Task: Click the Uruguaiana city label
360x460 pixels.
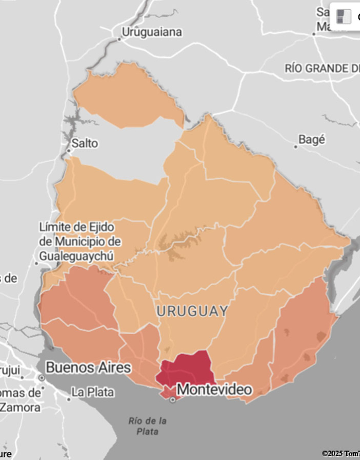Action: pos(152,32)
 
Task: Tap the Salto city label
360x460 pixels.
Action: pos(85,143)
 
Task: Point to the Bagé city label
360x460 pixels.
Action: pos(312,139)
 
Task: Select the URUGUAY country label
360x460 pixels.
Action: pos(192,311)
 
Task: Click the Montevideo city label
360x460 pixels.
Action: pos(214,389)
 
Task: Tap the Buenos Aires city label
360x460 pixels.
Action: pos(88,367)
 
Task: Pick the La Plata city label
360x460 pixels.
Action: pos(93,392)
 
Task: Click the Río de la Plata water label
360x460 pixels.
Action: pos(147,426)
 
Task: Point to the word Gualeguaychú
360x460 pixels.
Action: pos(77,255)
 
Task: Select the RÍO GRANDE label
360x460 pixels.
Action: pos(321,68)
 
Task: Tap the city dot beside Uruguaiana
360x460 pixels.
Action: pos(120,38)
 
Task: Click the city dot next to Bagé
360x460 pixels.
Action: pos(296,146)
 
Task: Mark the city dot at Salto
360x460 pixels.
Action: pos(69,151)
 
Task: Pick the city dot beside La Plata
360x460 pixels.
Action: pos(68,399)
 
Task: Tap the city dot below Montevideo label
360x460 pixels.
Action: pos(173,399)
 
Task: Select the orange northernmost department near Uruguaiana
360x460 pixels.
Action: pos(129,95)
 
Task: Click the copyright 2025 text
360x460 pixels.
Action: pos(339,454)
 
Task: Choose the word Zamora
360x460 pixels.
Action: pos(20,408)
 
